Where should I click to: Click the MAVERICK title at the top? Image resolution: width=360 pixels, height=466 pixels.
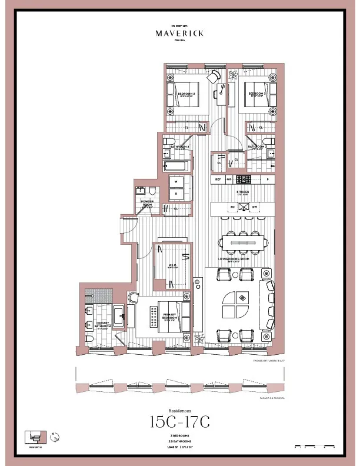coord(180,34)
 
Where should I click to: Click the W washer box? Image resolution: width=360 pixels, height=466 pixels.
coord(176,182)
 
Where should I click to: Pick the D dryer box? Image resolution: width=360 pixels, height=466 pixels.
coord(176,194)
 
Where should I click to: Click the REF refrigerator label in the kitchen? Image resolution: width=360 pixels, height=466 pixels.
coord(218,179)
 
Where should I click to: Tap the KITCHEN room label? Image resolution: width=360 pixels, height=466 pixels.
coord(243,192)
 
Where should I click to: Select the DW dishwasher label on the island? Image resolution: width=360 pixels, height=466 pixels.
coord(254,208)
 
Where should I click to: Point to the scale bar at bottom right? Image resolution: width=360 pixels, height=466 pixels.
coord(316,445)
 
